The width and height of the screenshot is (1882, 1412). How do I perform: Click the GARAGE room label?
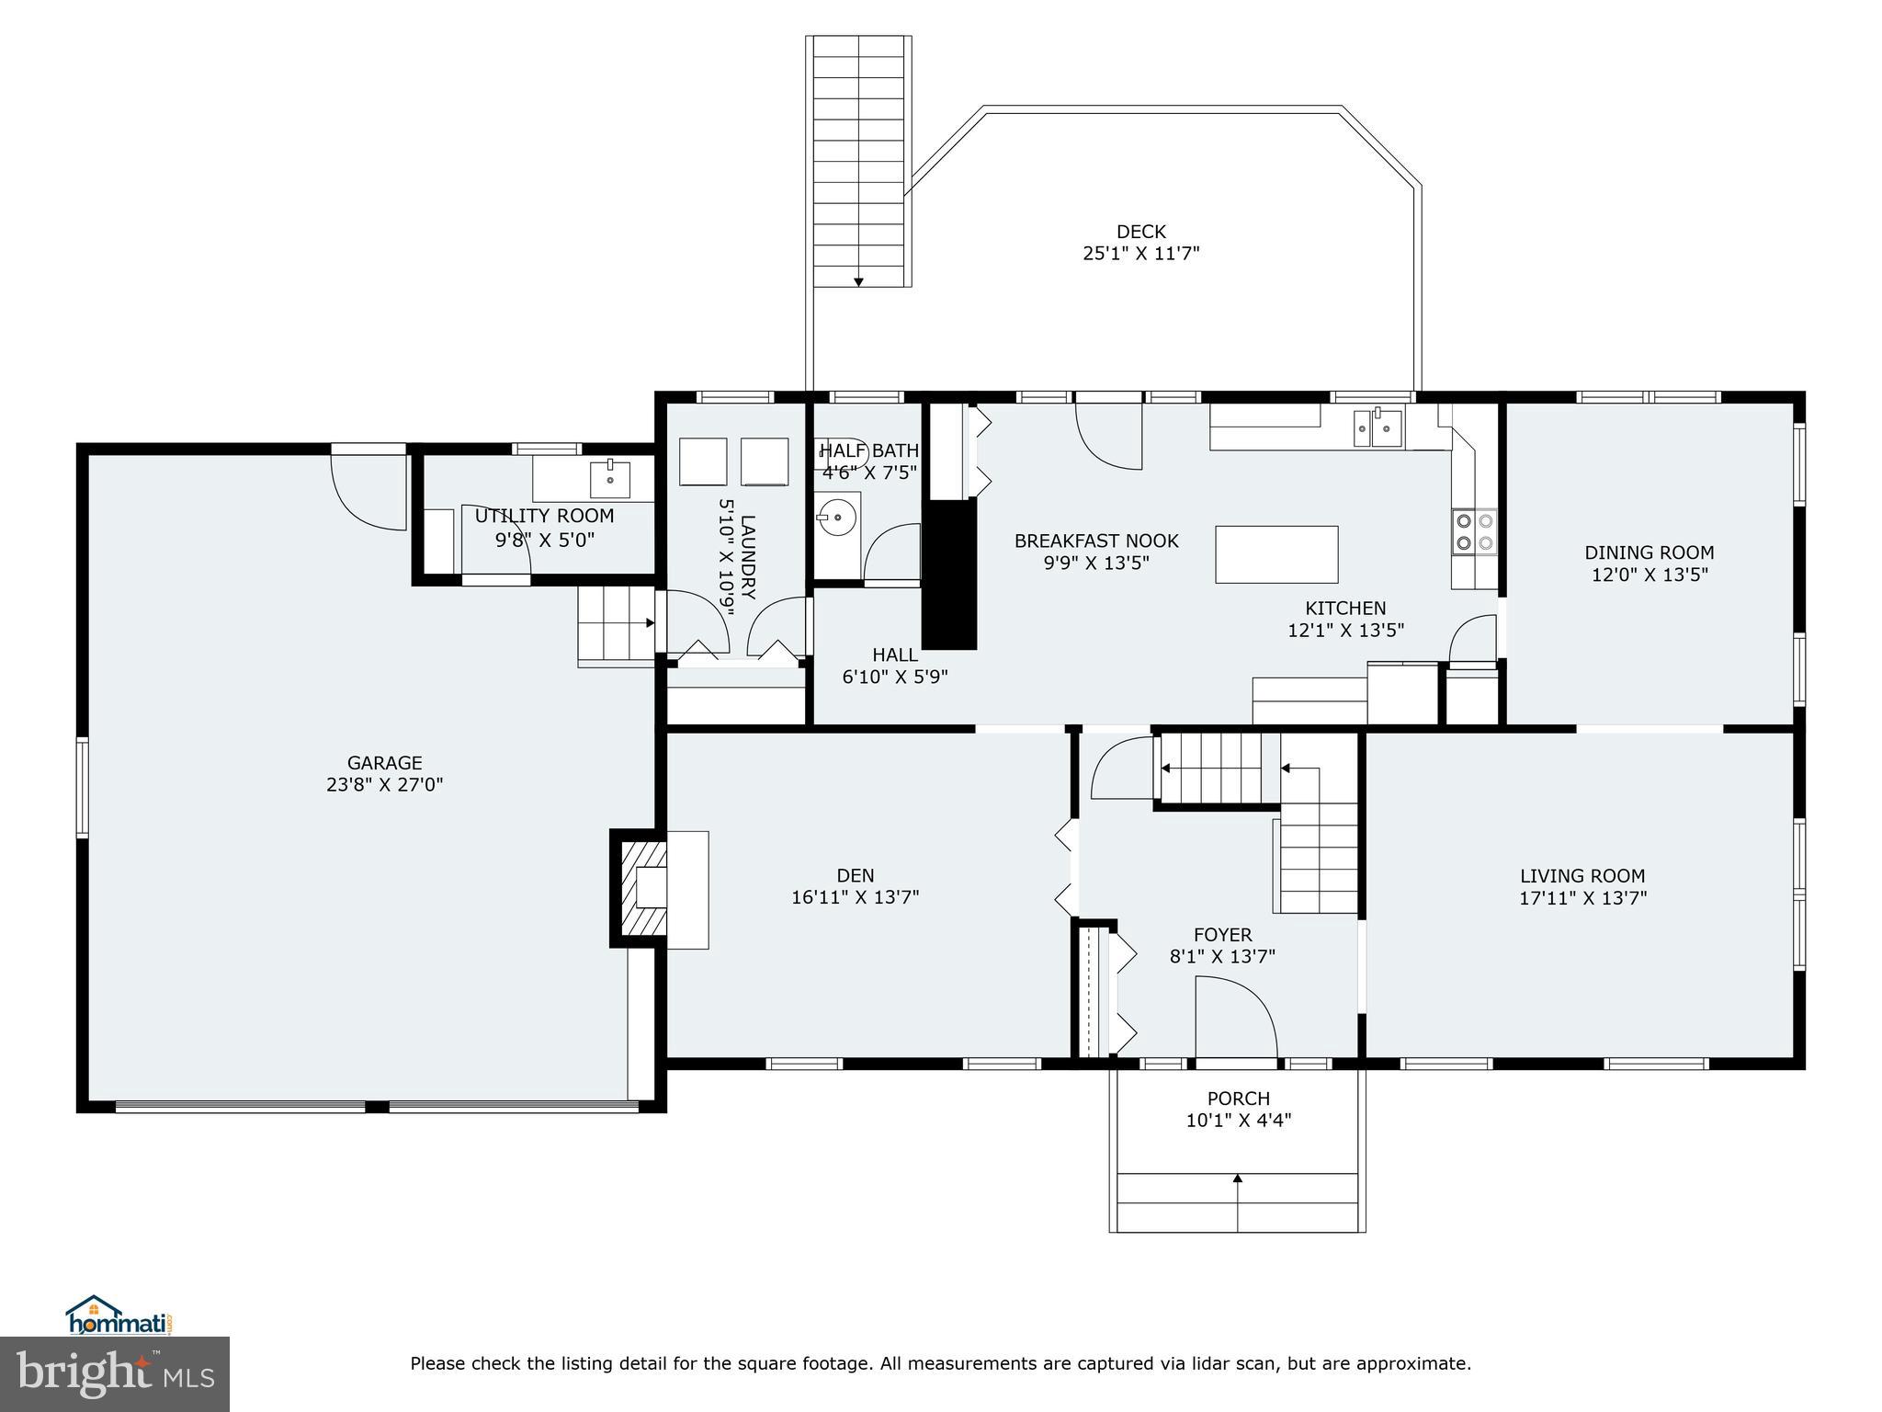pos(384,762)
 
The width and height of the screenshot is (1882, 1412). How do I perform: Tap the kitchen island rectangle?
pos(1275,554)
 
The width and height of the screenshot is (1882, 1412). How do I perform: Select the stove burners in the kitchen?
pos(1473,531)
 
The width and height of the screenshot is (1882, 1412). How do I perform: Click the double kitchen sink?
pos(1377,427)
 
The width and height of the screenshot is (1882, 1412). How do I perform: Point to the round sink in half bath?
pos(835,517)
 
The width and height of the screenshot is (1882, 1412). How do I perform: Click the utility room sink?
pos(609,478)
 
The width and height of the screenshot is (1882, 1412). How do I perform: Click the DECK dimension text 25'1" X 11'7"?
pos(1140,254)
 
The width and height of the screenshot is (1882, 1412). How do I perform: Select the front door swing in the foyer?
pos(1234,1018)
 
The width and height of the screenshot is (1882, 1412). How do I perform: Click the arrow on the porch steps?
pos(1237,1179)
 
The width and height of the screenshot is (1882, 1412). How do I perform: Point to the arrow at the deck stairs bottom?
pos(858,281)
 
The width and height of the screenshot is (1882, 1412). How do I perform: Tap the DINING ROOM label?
pos(1649,552)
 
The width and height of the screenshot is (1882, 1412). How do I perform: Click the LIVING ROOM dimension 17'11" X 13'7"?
pos(1582,898)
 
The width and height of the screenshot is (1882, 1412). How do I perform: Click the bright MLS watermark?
pos(114,1373)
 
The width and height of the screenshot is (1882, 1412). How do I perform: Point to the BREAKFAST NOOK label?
pos(1095,541)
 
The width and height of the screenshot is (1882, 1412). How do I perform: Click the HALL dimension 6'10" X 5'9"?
pos(894,678)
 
